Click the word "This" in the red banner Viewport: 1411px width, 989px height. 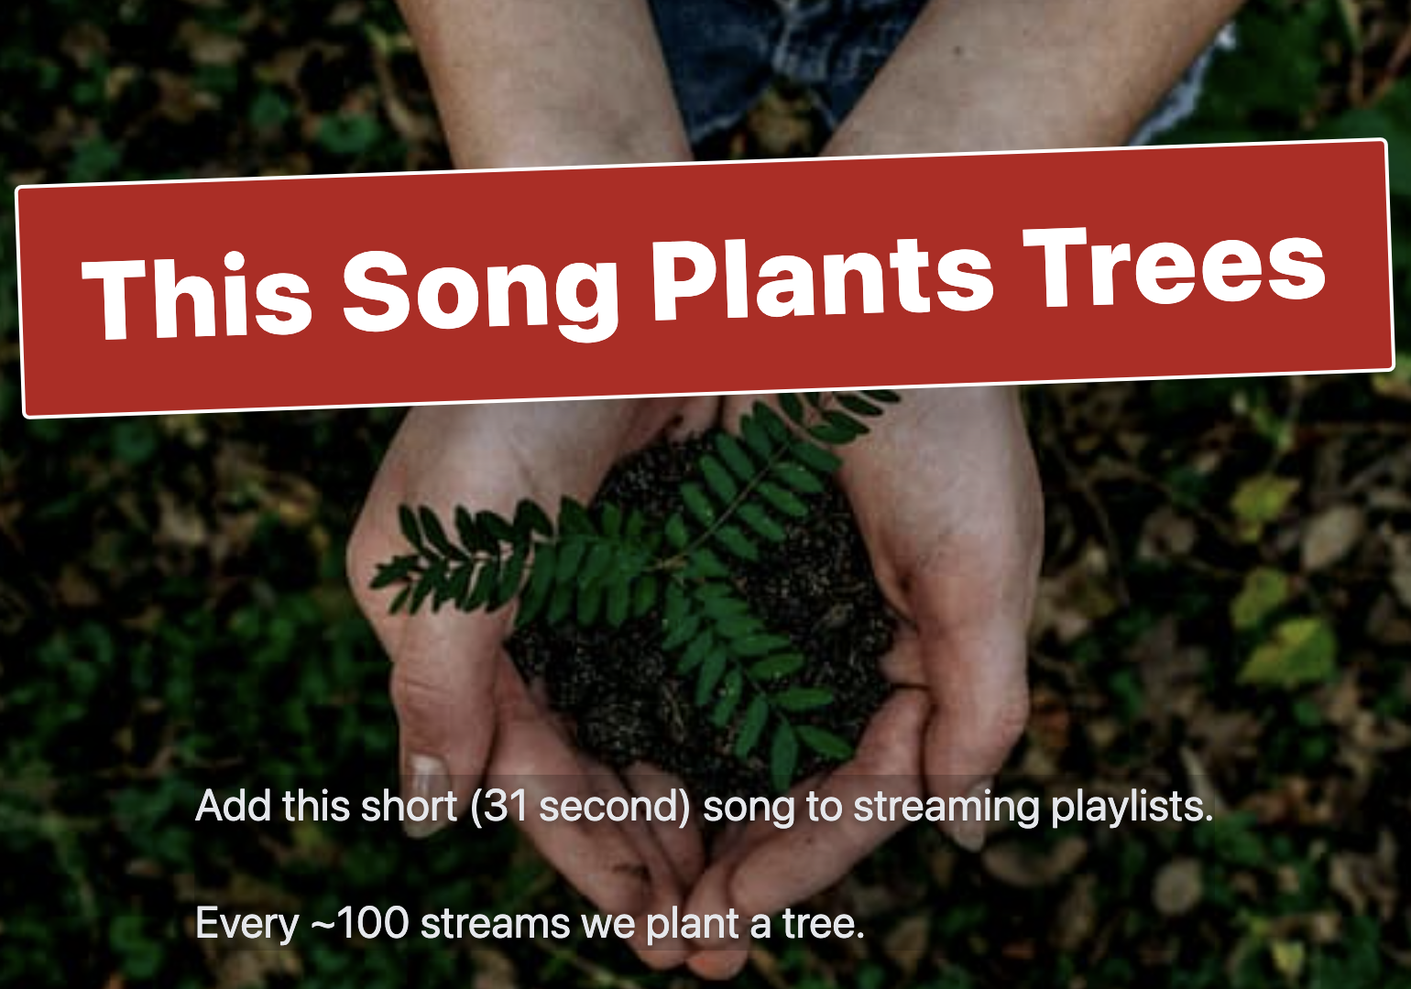pyautogui.click(x=197, y=296)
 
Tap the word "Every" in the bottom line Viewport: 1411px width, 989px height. pyautogui.click(x=246, y=923)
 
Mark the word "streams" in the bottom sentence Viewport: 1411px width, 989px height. pyautogui.click(x=495, y=923)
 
